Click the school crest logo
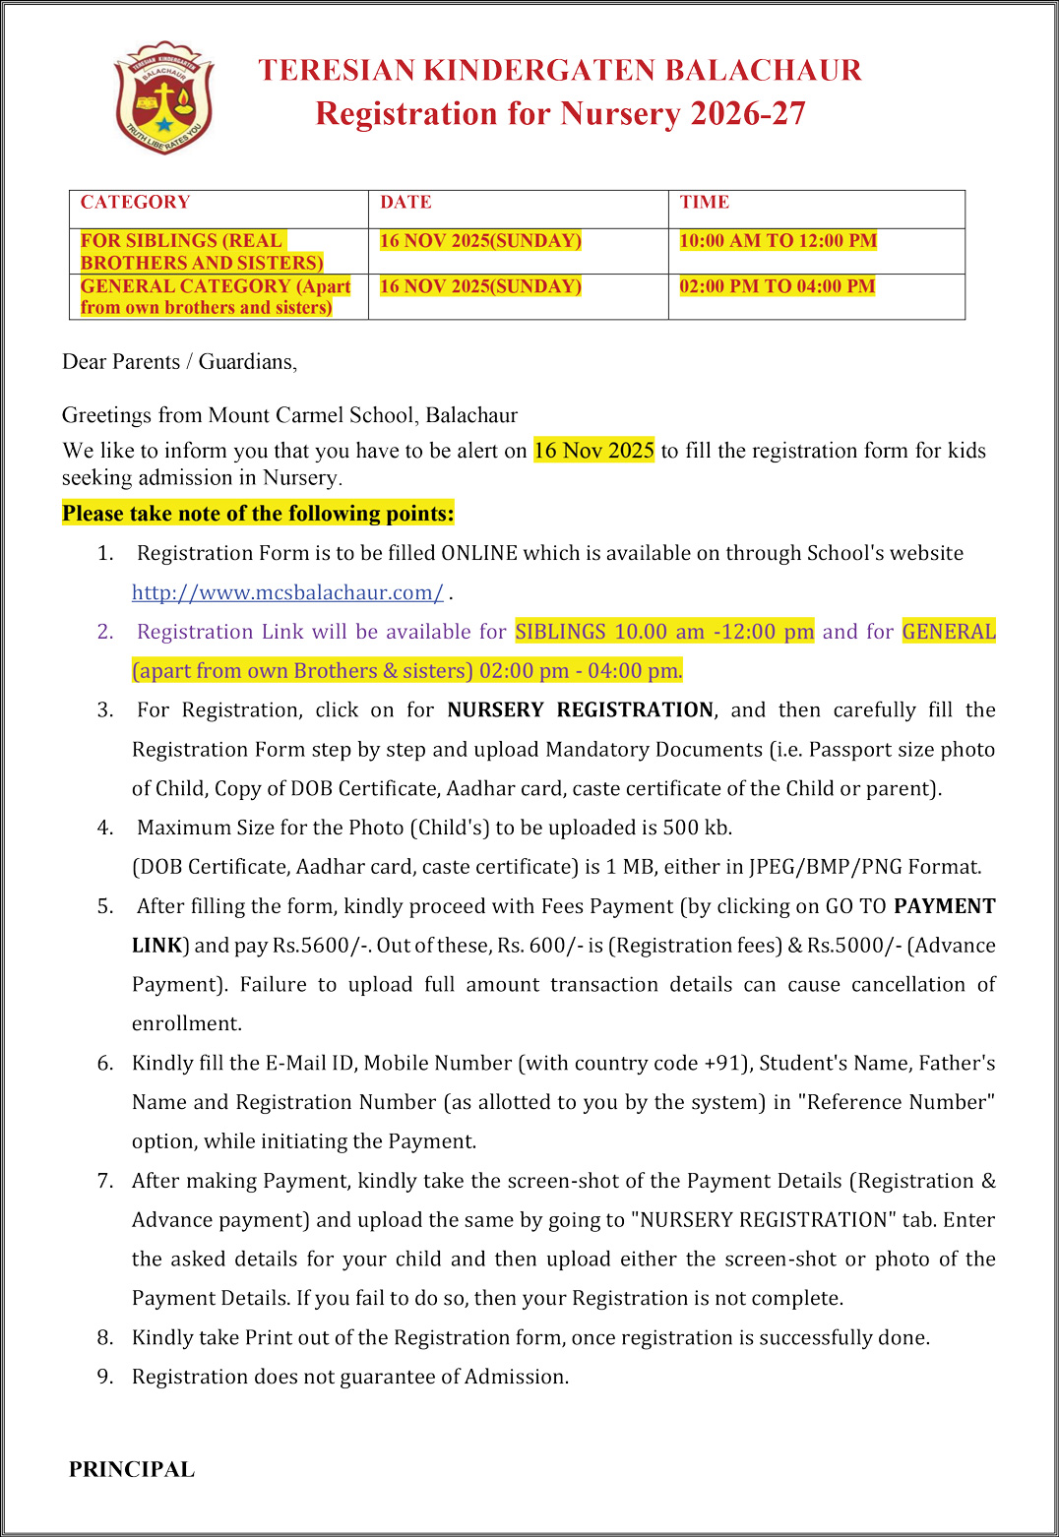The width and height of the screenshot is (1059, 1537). (163, 97)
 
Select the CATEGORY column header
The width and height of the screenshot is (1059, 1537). (135, 203)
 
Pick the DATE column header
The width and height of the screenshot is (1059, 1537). (405, 203)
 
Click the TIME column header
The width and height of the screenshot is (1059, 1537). (704, 203)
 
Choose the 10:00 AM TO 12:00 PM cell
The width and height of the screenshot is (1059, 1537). (778, 241)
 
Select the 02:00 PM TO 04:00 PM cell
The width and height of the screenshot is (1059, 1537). (777, 286)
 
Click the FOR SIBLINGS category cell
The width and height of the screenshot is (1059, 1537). (202, 252)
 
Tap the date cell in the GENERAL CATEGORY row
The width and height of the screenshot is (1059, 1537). (480, 286)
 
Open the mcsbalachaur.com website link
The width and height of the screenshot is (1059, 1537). (287, 592)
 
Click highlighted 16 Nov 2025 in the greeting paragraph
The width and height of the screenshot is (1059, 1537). (593, 451)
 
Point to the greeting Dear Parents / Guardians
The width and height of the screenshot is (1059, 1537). (179, 362)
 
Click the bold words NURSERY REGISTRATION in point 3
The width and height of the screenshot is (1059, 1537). (580, 710)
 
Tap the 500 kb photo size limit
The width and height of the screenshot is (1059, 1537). (696, 828)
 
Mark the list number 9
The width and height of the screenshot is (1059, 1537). (104, 1377)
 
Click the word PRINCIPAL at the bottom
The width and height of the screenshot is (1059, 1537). (132, 1469)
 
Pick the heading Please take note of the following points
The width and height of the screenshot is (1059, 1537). (258, 514)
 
